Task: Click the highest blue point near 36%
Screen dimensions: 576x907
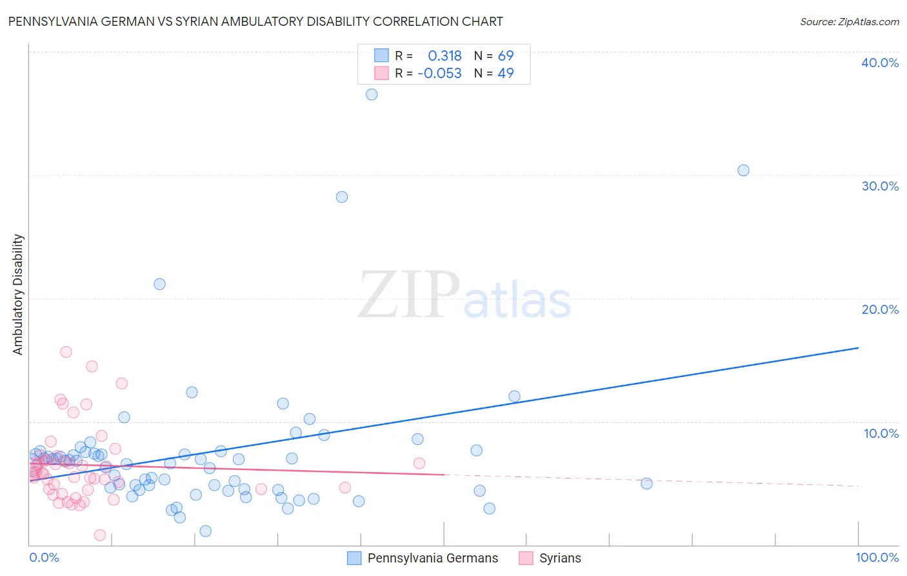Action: click(x=372, y=94)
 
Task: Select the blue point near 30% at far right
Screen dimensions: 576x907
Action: click(x=743, y=170)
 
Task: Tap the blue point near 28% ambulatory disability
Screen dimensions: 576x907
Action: click(x=342, y=197)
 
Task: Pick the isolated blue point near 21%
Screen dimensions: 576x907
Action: click(x=159, y=284)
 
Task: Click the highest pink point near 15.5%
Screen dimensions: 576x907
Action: click(x=66, y=352)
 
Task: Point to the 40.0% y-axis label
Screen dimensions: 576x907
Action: click(x=880, y=63)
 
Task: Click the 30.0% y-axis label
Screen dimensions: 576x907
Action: click(x=880, y=186)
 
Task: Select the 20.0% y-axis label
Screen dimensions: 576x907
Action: click(x=880, y=309)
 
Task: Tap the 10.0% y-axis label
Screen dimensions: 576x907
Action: click(x=880, y=433)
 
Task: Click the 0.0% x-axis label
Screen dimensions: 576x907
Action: click(x=44, y=557)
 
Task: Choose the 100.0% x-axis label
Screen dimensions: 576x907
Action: click(x=877, y=557)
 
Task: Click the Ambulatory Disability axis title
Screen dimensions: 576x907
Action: click(x=18, y=294)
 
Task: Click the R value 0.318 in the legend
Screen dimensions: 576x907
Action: click(x=444, y=56)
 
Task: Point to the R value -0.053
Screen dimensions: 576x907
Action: click(x=439, y=74)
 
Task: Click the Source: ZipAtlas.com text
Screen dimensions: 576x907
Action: click(x=849, y=22)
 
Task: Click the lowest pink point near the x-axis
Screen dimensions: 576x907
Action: click(x=100, y=535)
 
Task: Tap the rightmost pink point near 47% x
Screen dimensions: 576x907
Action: click(x=419, y=463)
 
